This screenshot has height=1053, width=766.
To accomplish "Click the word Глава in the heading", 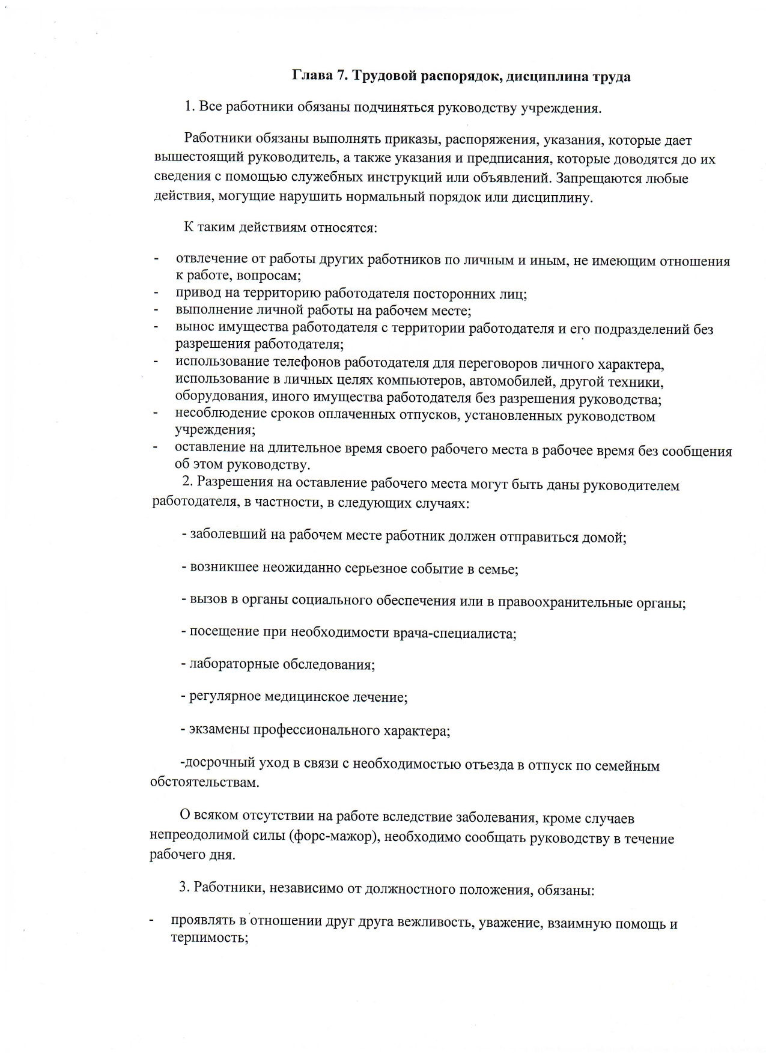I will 312,76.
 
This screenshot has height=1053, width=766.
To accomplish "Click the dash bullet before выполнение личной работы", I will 156,311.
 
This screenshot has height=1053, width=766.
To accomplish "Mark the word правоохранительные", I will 563,602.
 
